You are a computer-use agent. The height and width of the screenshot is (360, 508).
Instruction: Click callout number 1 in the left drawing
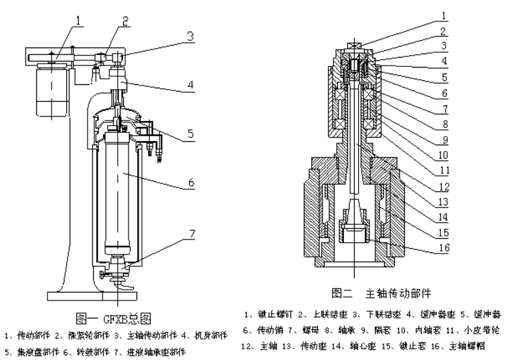(79, 20)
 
